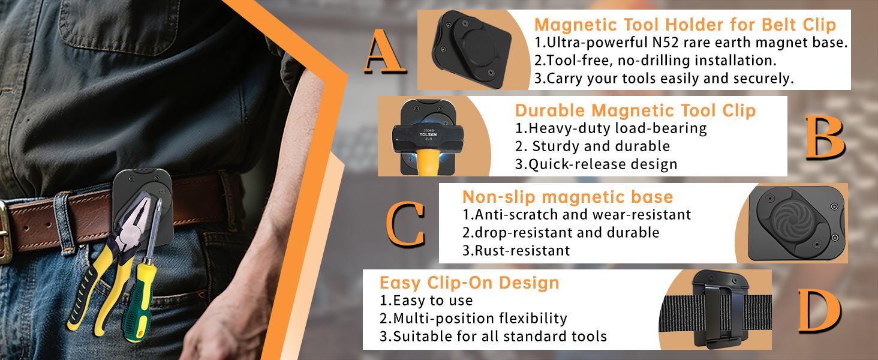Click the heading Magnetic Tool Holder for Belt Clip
click(685, 26)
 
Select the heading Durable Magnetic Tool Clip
click(635, 111)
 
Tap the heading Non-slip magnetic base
click(567, 197)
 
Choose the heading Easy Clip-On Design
click(469, 283)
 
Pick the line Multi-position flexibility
click(473, 318)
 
